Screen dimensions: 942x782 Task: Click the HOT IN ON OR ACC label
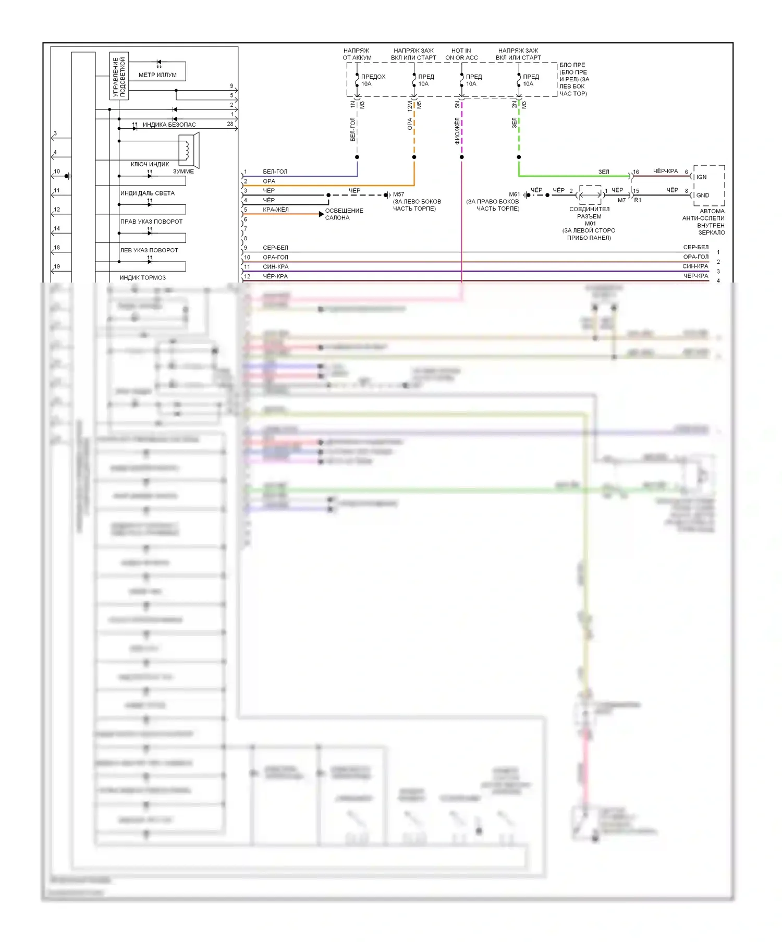[461, 54]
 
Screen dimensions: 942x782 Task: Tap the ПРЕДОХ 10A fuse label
[373, 80]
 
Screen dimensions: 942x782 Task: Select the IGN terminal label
[702, 177]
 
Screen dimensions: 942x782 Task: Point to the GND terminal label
[702, 195]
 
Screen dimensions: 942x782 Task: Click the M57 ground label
[398, 194]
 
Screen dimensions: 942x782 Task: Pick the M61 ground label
[514, 194]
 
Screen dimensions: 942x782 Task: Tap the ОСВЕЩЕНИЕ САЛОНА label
[344, 214]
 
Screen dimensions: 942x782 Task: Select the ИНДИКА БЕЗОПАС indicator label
[169, 125]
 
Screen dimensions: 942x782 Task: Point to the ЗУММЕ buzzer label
[183, 172]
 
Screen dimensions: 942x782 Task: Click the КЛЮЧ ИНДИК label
[150, 164]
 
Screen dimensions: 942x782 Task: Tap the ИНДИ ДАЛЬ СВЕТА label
[148, 193]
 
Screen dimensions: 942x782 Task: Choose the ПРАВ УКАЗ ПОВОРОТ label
[151, 222]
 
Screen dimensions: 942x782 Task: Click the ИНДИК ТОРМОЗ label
[142, 278]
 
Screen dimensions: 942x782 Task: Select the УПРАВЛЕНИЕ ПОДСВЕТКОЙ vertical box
[119, 76]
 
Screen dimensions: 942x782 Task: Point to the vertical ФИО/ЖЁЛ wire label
[457, 130]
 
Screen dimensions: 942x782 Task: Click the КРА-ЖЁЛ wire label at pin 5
[275, 210]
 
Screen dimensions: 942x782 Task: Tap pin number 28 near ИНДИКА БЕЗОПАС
[230, 124]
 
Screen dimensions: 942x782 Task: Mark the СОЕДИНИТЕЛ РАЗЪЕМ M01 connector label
[589, 216]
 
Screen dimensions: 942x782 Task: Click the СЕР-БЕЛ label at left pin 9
[275, 248]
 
